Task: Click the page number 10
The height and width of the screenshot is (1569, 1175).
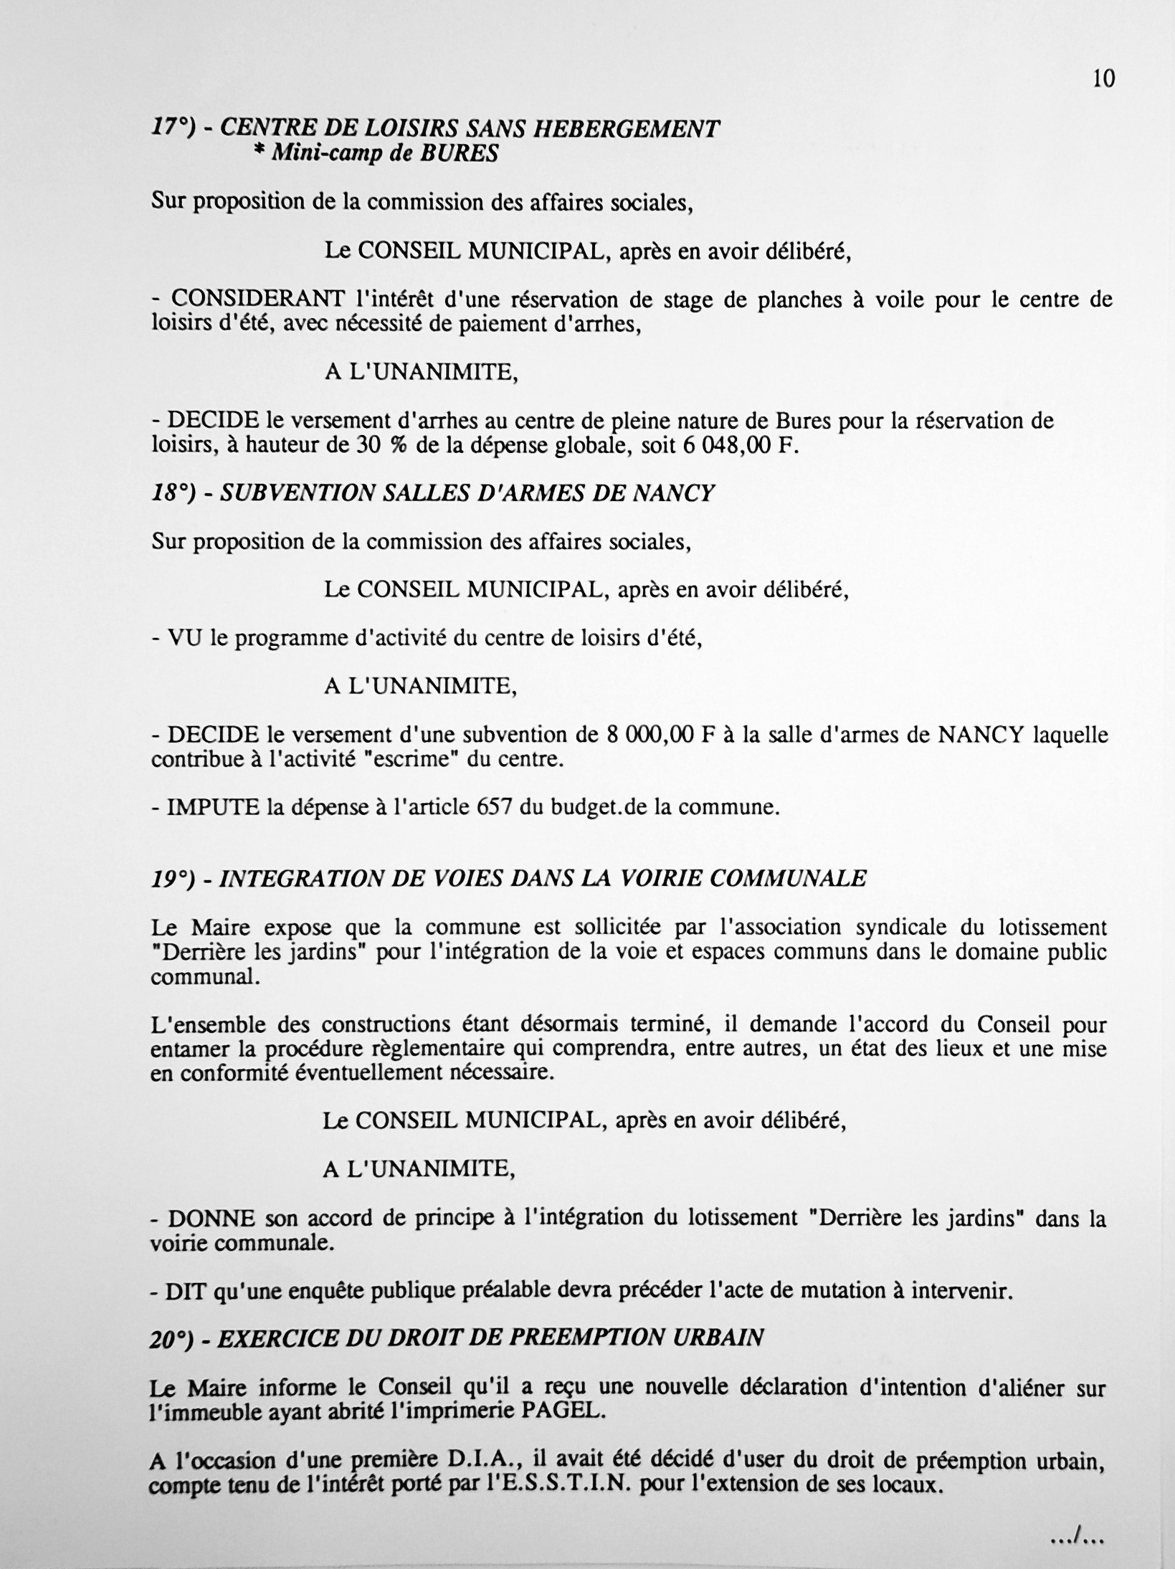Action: tap(1104, 79)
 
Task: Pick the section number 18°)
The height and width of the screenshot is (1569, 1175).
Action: tap(173, 493)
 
